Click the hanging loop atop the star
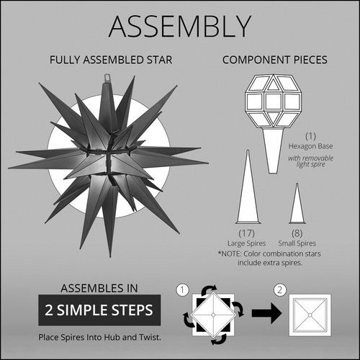109,75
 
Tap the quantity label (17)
247,234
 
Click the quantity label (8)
296,234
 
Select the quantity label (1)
310,135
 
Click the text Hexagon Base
310,145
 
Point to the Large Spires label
247,244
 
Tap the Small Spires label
296,244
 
